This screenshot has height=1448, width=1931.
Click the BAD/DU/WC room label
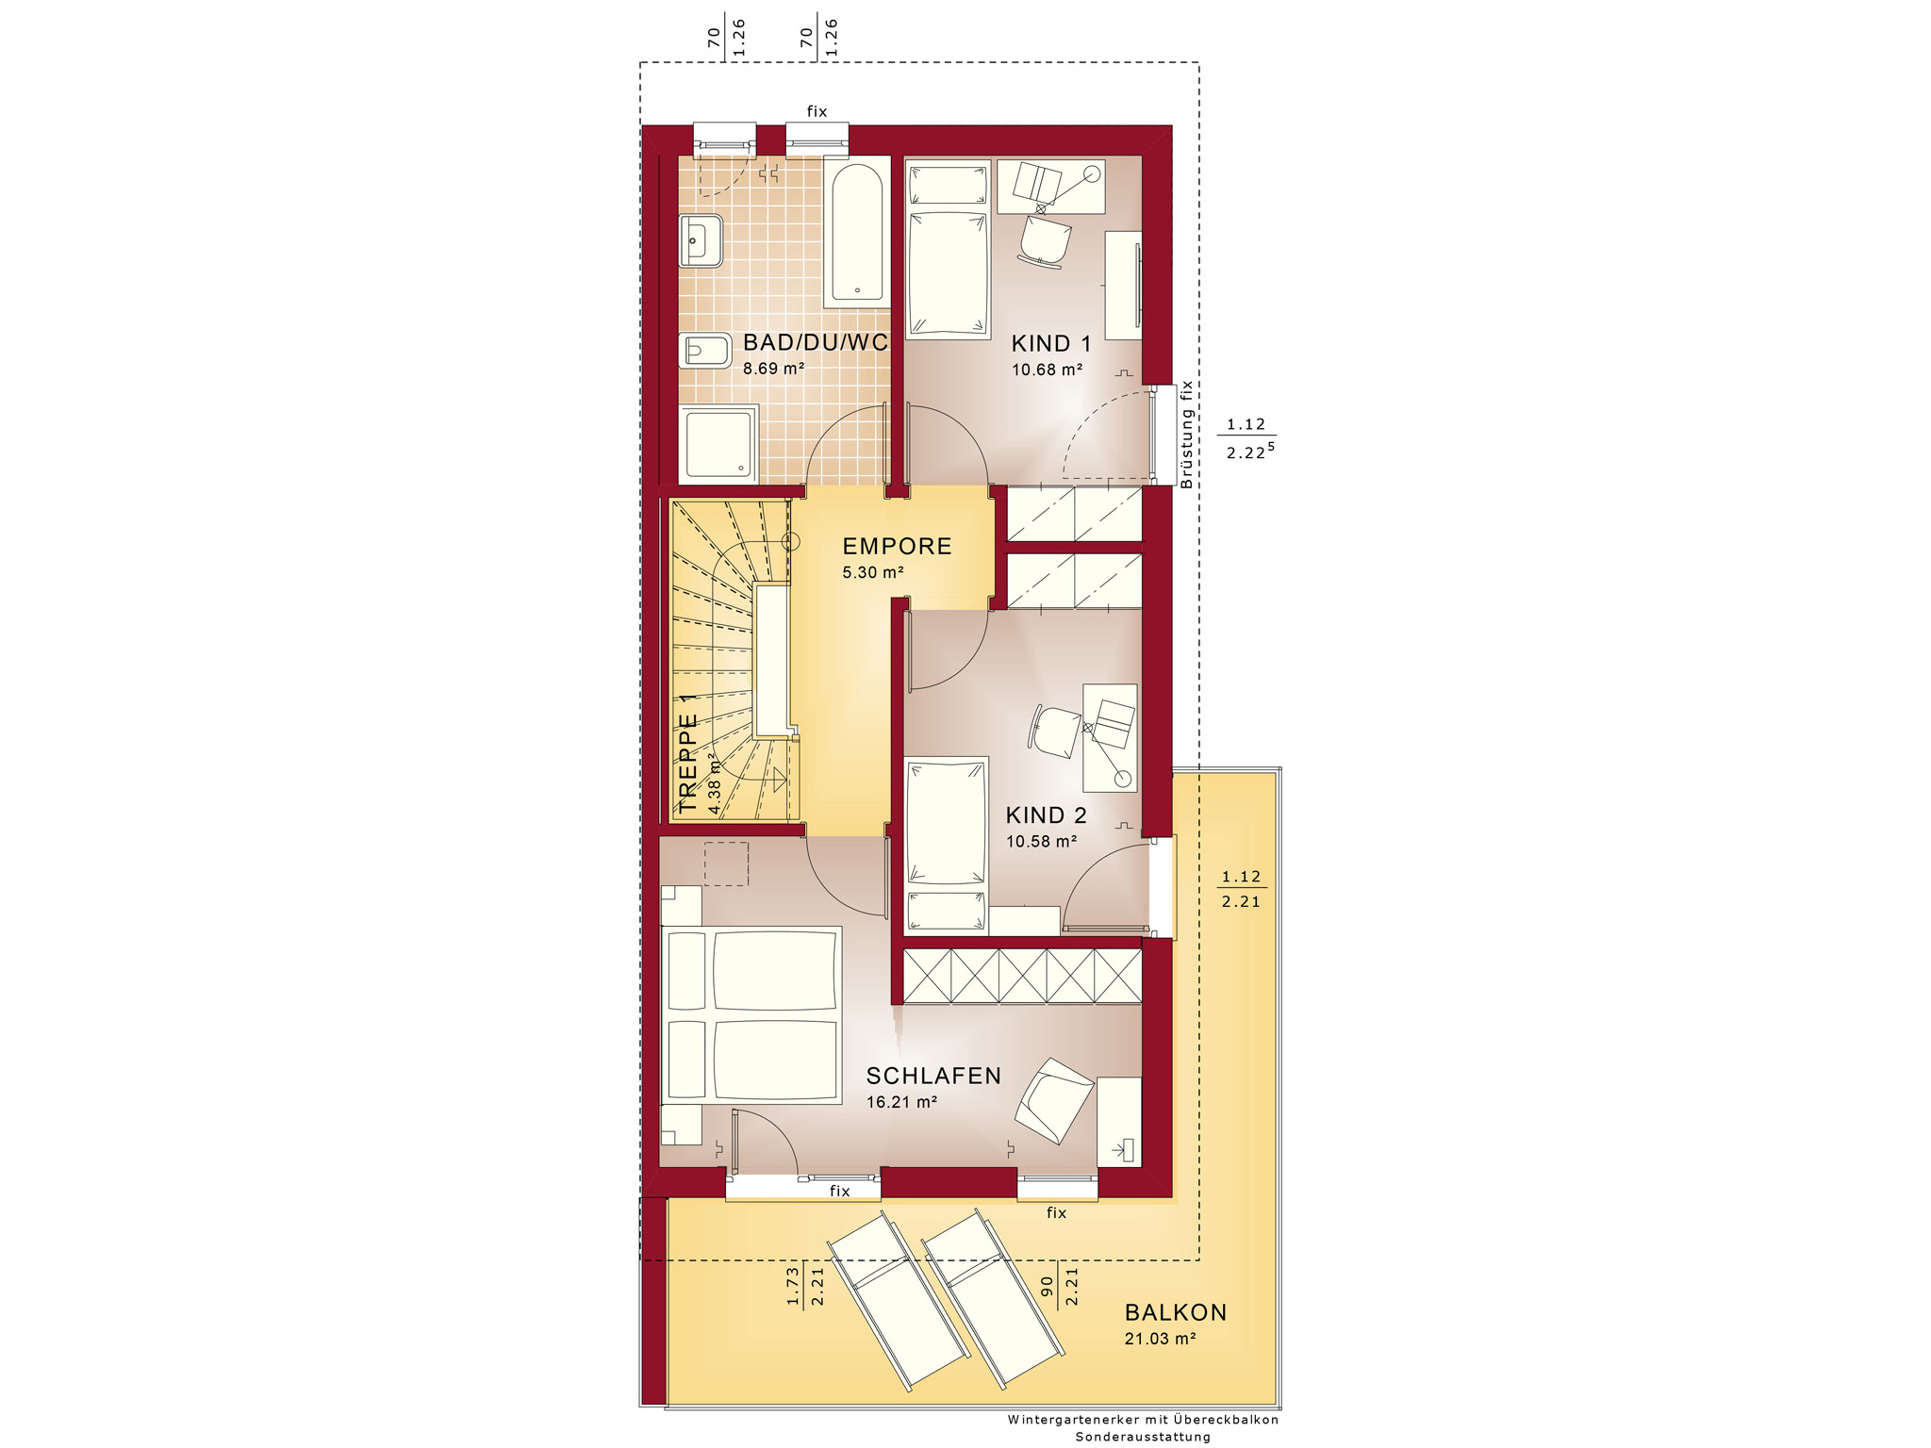[x=816, y=342]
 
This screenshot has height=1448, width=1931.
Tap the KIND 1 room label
[x=1050, y=344]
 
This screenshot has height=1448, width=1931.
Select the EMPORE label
[x=897, y=547]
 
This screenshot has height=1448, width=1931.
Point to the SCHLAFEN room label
[x=933, y=1076]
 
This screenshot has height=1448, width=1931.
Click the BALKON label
[x=1176, y=1312]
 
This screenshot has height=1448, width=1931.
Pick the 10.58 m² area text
[x=1041, y=841]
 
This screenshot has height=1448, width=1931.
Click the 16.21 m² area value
[x=901, y=1101]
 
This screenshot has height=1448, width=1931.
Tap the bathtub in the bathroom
[x=857, y=232]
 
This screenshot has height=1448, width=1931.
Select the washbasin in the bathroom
[x=701, y=240]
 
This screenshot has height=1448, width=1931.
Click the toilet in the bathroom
[x=704, y=352]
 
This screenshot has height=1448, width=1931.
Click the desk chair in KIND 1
[x=1044, y=241]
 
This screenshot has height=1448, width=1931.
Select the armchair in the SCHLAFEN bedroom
[x=1053, y=1100]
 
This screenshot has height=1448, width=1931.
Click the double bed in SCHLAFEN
[x=751, y=1014]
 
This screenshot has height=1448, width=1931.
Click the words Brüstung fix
[x=1187, y=435]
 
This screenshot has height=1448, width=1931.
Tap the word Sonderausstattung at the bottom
[x=1143, y=1437]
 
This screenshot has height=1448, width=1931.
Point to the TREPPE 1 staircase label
[x=688, y=752]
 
